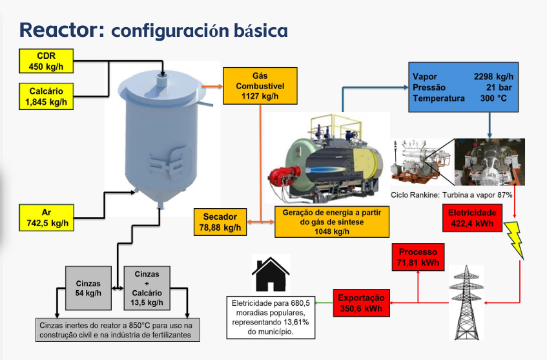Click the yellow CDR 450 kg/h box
tap(46, 61)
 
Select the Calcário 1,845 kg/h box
tap(46, 96)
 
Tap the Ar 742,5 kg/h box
tap(46, 218)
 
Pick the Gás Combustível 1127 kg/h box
tap(260, 85)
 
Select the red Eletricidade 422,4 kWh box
tap(472, 218)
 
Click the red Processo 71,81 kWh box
tap(418, 257)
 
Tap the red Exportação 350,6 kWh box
tap(361, 303)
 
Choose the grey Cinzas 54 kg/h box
tap(88, 288)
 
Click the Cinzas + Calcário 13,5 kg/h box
tap(147, 288)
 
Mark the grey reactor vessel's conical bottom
tap(154, 194)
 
